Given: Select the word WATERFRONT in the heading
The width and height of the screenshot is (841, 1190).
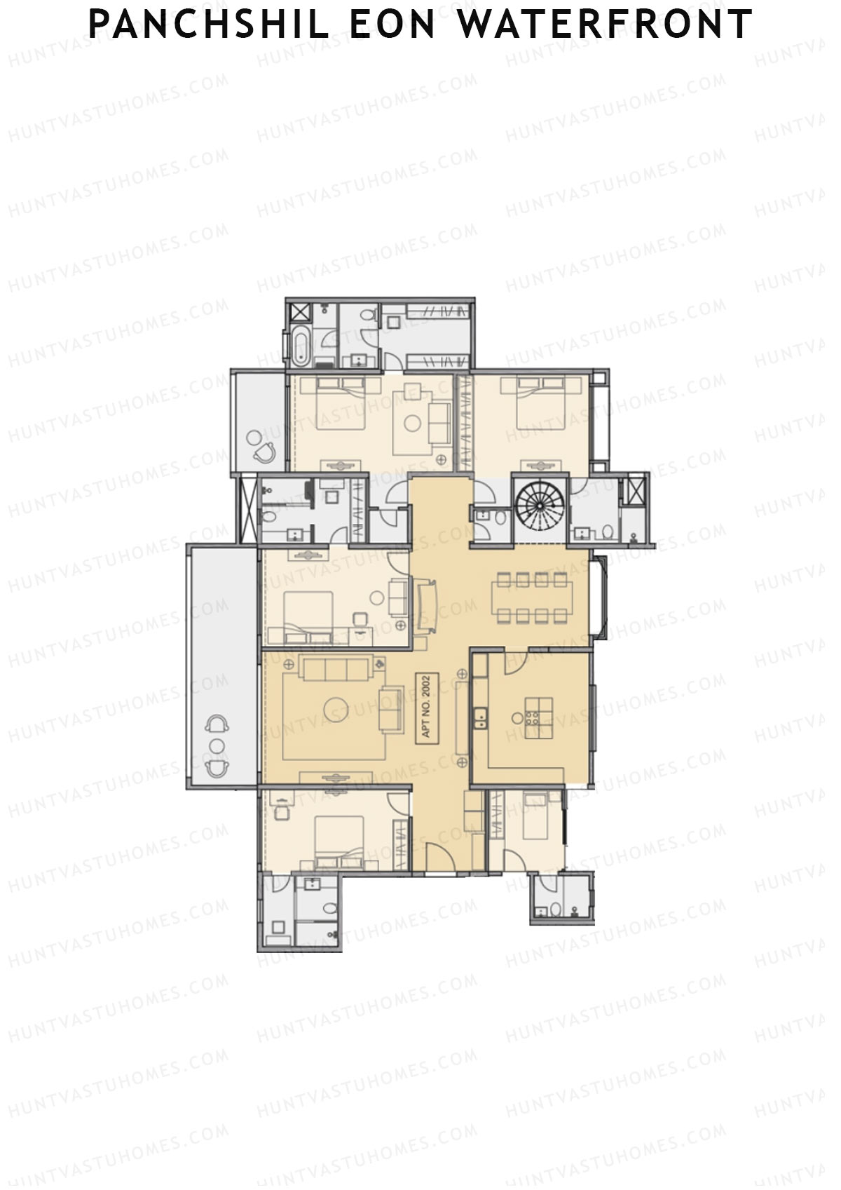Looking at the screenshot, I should tap(605, 25).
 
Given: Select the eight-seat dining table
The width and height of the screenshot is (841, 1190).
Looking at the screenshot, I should tap(532, 597).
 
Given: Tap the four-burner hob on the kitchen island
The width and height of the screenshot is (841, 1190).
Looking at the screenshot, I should tap(533, 717).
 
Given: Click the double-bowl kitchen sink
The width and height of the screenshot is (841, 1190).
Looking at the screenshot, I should tap(480, 719).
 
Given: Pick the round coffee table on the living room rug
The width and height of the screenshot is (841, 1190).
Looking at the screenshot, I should tap(336, 710).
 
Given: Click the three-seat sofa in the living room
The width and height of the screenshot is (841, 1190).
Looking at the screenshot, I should tap(334, 669).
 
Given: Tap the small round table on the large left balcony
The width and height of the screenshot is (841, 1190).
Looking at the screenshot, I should tap(219, 745).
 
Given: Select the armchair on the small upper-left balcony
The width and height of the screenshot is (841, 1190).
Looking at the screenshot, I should tap(265, 452).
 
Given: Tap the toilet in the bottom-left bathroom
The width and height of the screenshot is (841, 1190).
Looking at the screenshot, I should tap(329, 908).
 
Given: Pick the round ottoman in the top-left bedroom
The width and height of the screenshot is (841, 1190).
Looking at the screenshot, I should tap(412, 422).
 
